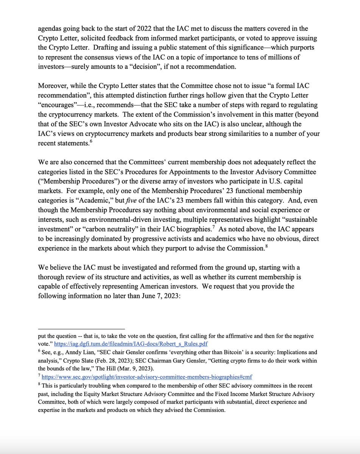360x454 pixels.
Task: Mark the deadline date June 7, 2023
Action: click(153, 296)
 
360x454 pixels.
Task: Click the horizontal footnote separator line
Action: click(81, 328)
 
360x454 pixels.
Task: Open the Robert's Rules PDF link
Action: click(131, 344)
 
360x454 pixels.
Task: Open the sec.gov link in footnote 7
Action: click(147, 377)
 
